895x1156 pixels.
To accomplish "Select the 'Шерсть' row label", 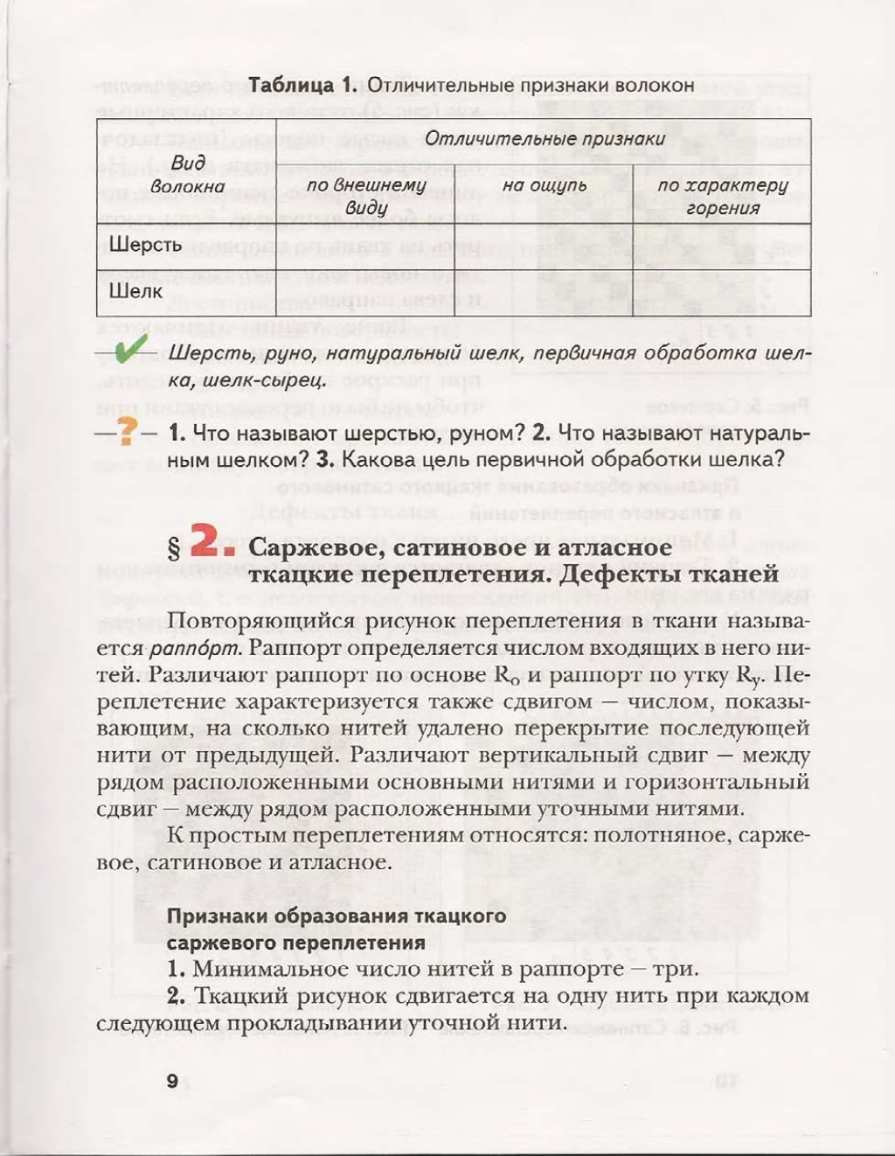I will click(145, 245).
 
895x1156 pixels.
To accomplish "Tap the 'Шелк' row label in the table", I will click(135, 291).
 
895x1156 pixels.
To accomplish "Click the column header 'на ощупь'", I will click(545, 185).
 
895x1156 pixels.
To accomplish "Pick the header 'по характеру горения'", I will click(722, 197).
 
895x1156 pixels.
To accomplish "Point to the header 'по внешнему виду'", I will click(365, 197).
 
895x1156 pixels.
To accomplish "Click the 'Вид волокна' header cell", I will click(187, 174).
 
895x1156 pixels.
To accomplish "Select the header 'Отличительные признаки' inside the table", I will click(545, 139).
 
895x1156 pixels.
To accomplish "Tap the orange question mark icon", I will click(128, 430).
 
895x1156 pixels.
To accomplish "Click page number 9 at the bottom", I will click(172, 1081).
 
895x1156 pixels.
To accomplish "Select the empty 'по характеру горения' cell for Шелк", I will click(721, 293).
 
